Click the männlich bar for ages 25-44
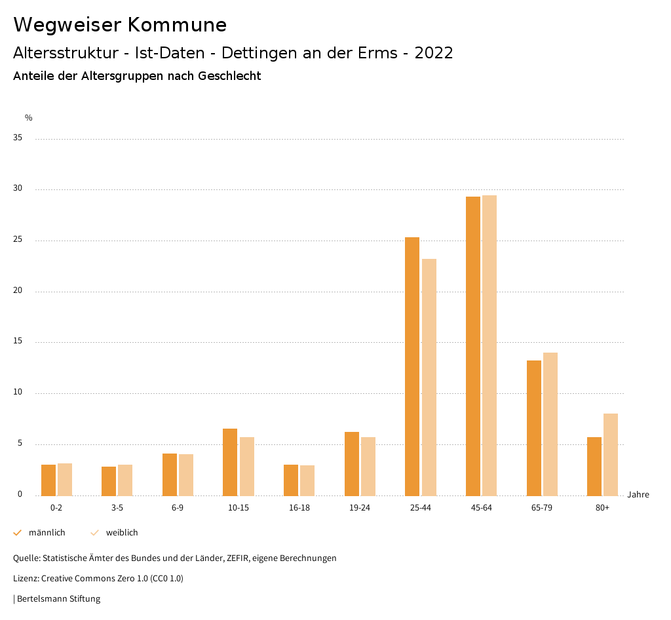pyautogui.click(x=412, y=366)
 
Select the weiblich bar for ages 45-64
pyautogui.click(x=489, y=345)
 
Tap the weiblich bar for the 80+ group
pyautogui.click(x=611, y=454)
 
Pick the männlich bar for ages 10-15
pyautogui.click(x=230, y=462)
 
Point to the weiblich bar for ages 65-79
pyautogui.click(x=550, y=424)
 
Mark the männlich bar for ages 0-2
pyautogui.click(x=48, y=480)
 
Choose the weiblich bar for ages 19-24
pyautogui.click(x=368, y=466)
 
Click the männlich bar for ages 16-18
pyautogui.click(x=291, y=480)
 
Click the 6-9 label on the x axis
pyautogui.click(x=178, y=508)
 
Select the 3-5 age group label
pyautogui.click(x=117, y=508)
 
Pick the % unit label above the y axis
pyautogui.click(x=29, y=118)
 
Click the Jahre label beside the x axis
pyautogui.click(x=638, y=495)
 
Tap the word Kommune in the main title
pyautogui.click(x=177, y=24)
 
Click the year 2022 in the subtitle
pyautogui.click(x=434, y=53)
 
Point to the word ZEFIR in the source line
pyautogui.click(x=245, y=558)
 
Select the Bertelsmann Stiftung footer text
pyautogui.click(x=58, y=599)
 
